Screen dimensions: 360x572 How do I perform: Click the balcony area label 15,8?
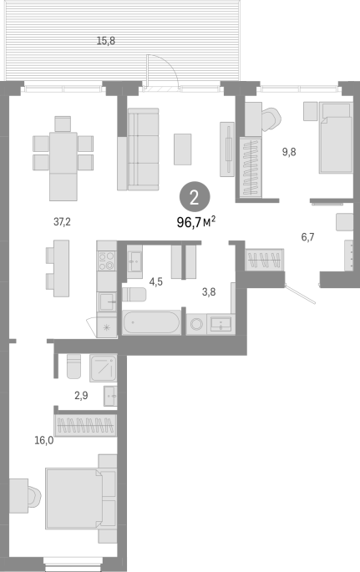coord(106,41)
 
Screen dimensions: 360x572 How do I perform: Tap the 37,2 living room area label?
coord(62,221)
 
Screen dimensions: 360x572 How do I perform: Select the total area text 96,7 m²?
coord(196,222)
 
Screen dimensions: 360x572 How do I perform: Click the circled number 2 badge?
coord(195,197)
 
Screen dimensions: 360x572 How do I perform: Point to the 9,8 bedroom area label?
coord(289,152)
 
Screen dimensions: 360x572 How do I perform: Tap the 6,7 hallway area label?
coord(307,237)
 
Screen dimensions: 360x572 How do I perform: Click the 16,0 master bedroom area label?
coord(43,440)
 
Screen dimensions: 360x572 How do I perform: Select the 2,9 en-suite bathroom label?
coord(81,396)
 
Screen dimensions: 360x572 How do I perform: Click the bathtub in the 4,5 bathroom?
coord(151,322)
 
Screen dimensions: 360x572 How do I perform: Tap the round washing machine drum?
coord(196,324)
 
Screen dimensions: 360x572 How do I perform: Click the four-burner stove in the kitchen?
coord(107,261)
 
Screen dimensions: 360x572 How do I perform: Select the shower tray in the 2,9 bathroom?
coord(104,368)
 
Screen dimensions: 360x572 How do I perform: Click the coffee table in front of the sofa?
coord(182,149)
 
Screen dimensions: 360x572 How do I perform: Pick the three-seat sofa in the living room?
coord(139,149)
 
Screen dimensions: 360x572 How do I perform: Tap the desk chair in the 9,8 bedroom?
coord(271,119)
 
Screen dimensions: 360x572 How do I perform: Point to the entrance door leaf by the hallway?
coord(300,294)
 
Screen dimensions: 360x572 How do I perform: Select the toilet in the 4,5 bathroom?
coord(134,295)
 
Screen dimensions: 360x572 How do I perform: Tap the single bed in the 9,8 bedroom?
coord(336,138)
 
